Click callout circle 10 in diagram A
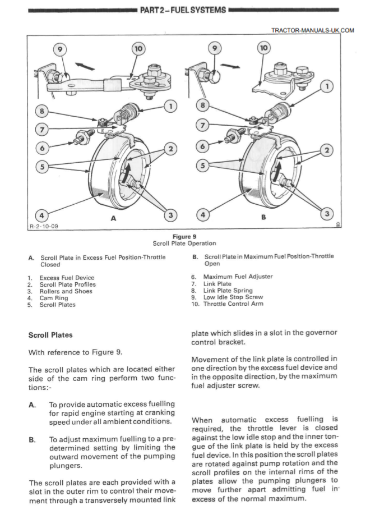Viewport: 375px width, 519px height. (138, 49)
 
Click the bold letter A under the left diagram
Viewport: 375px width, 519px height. (113, 219)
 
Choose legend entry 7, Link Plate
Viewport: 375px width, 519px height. (216, 284)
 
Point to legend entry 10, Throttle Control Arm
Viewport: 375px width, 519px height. (226, 304)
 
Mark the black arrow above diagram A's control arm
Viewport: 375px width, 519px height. (84, 66)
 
